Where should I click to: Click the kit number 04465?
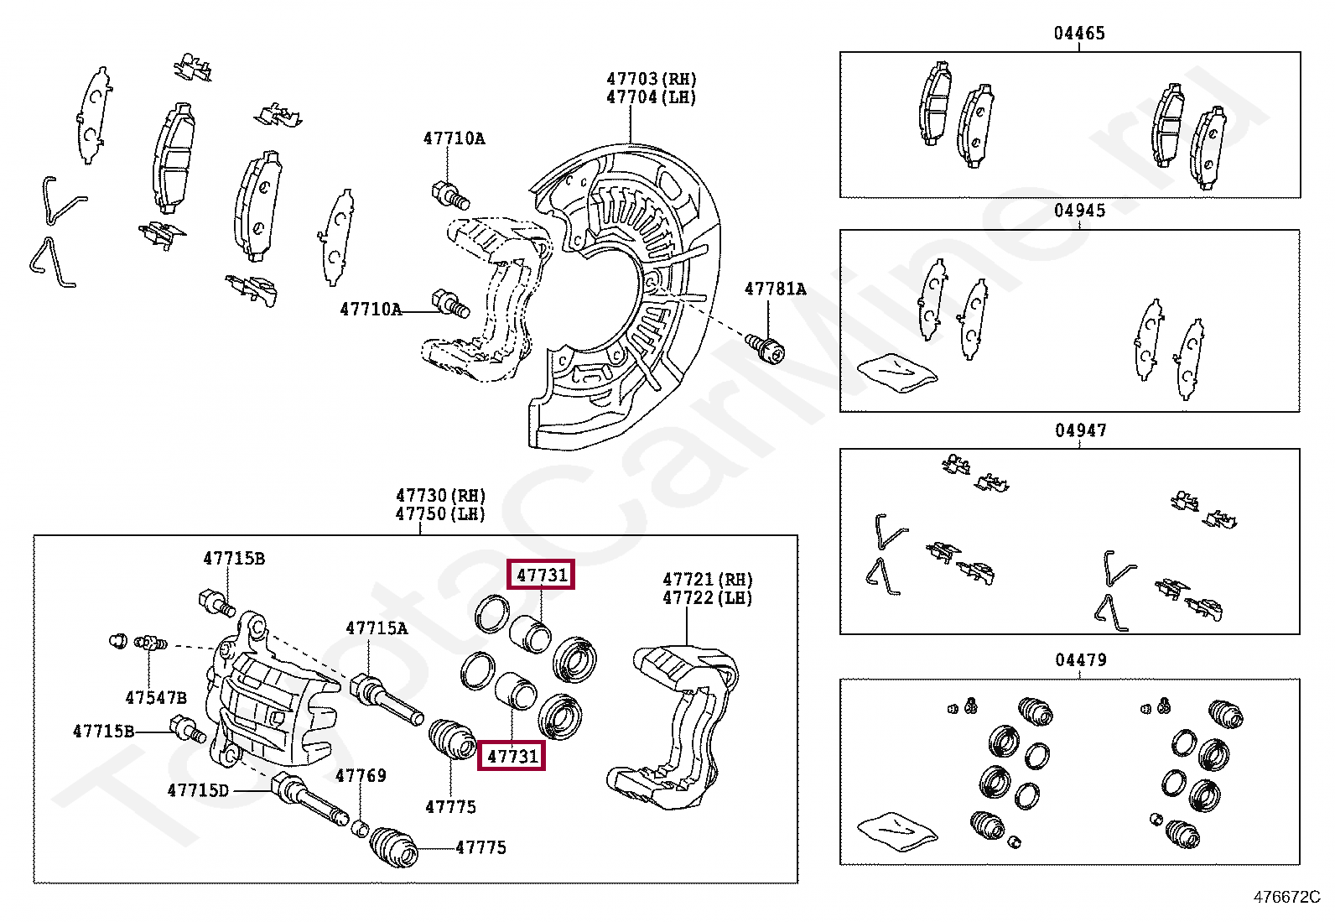point(1079,34)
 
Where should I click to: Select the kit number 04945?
point(1079,211)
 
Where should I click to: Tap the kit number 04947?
point(1080,430)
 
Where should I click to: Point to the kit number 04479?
point(1080,660)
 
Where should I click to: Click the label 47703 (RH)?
point(652,79)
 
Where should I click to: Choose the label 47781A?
point(775,289)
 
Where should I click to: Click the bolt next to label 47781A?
point(765,346)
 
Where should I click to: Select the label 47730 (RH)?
point(440,496)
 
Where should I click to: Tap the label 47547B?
point(156,697)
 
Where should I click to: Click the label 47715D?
point(198,790)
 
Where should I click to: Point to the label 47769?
point(361,775)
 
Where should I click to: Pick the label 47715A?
point(377,628)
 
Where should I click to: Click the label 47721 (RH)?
point(707,580)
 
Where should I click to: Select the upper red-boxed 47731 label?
point(542,575)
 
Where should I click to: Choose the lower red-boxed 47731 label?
point(512,756)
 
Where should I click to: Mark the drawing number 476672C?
point(1286,897)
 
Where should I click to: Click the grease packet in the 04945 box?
point(896,372)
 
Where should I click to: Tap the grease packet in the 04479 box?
point(896,830)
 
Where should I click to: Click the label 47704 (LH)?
point(652,97)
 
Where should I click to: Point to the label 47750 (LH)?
point(440,514)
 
